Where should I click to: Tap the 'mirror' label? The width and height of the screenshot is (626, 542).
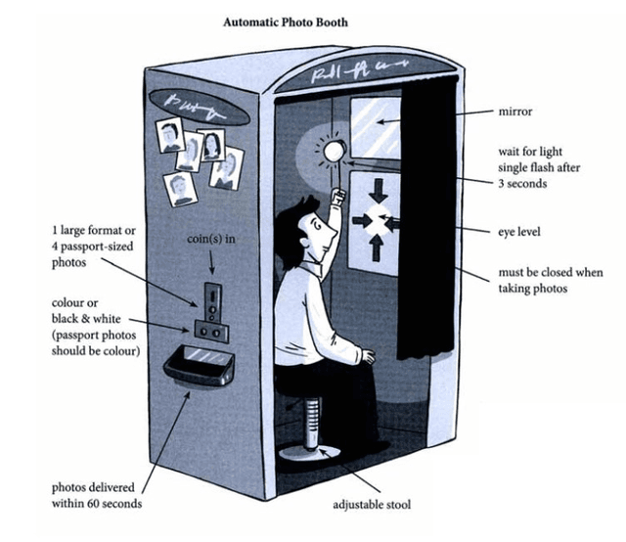[x=516, y=113]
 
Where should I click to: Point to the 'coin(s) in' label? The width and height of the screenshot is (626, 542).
[x=209, y=239]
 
